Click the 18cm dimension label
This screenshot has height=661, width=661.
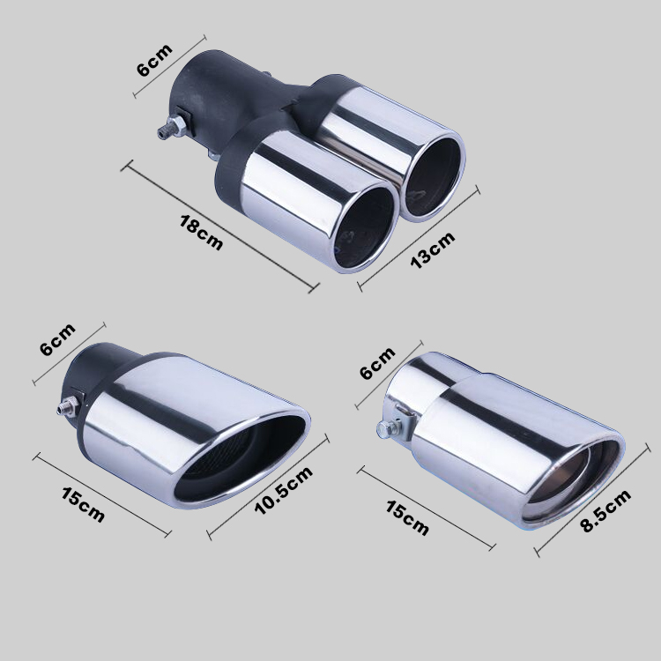[x=201, y=233]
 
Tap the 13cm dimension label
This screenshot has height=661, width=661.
[x=433, y=249]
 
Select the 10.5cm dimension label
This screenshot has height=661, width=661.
[x=283, y=490]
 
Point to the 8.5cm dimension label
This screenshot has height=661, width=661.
[x=605, y=510]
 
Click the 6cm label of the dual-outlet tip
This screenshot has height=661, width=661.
[x=155, y=60]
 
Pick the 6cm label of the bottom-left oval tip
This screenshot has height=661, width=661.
[x=58, y=339]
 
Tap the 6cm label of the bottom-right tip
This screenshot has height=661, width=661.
[x=378, y=362]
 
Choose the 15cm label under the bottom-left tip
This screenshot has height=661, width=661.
[x=83, y=505]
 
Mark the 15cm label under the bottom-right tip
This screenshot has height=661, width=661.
[x=407, y=517]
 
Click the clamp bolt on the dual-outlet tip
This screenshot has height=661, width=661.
[x=172, y=126]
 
